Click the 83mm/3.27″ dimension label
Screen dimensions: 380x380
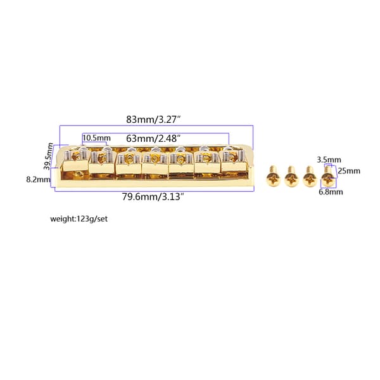coord(154,120)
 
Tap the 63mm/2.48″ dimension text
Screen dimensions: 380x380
coord(153,139)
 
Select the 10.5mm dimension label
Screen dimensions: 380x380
coord(96,138)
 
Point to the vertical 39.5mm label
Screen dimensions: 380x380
coord(49,156)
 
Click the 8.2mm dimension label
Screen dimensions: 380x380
coord(39,180)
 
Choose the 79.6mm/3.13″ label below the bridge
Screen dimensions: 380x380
coord(153,196)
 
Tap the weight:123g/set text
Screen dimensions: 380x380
coord(79,219)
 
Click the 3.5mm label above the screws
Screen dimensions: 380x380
coord(329,160)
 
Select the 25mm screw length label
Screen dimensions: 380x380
coord(349,171)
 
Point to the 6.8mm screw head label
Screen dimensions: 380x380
coord(331,192)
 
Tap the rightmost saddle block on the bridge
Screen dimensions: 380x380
coord(234,163)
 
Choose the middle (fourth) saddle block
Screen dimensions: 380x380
coord(155,165)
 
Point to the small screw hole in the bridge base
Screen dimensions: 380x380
coord(79,174)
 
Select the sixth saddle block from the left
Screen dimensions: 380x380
coord(207,164)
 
